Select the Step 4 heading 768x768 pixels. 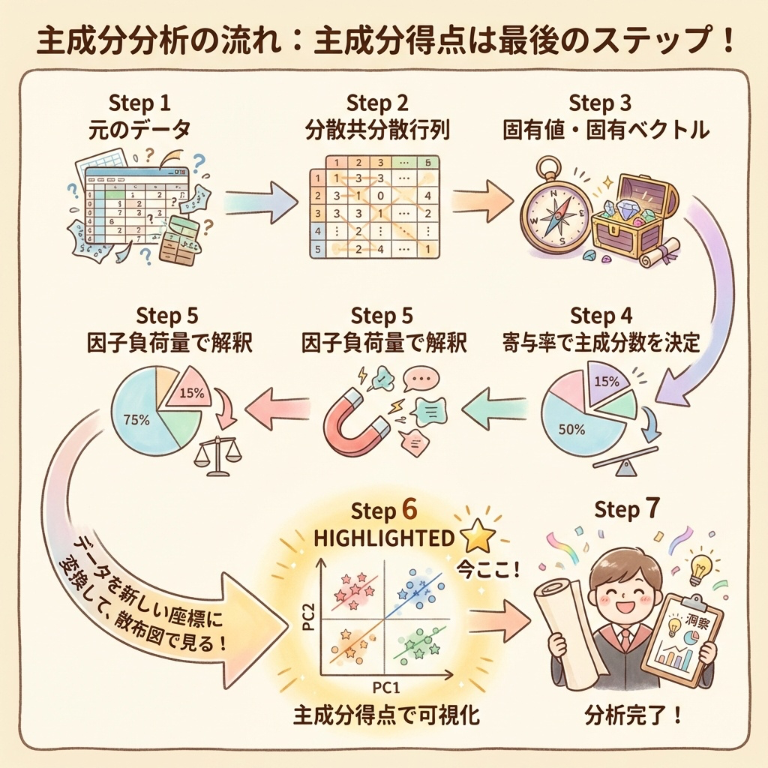pos(600,315)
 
